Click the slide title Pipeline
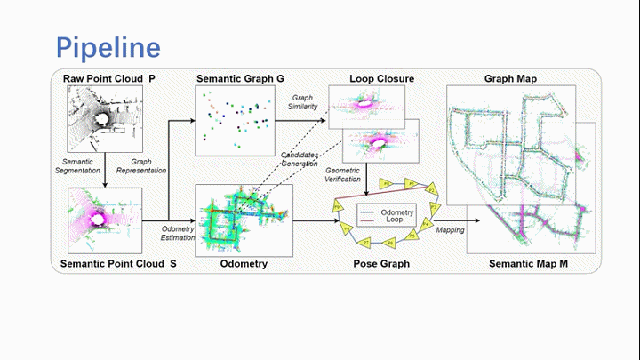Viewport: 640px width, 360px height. pyautogui.click(x=108, y=45)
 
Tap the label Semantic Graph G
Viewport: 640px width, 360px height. pyautogui.click(x=240, y=79)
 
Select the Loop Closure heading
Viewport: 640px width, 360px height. pyautogui.click(x=382, y=79)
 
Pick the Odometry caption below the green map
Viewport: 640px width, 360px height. pyautogui.click(x=243, y=265)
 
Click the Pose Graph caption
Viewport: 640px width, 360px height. pyautogui.click(x=380, y=265)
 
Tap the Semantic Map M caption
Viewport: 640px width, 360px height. pyautogui.click(x=529, y=265)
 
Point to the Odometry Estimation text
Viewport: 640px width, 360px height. pyautogui.click(x=177, y=233)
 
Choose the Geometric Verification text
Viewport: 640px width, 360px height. pyautogui.click(x=343, y=173)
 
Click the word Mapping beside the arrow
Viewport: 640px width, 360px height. pyautogui.click(x=450, y=229)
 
